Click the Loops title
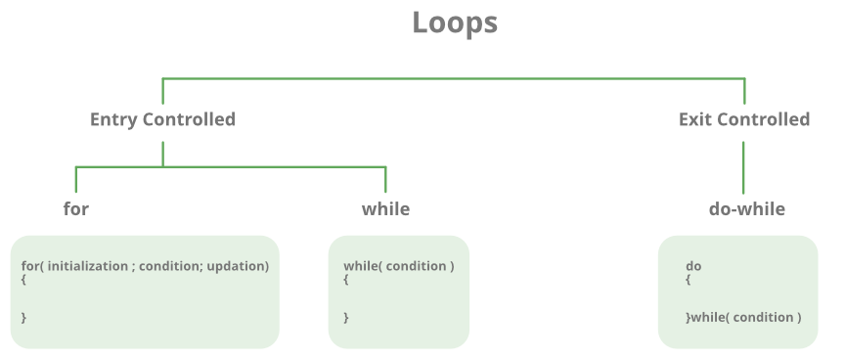pos(454,22)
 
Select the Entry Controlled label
pos(162,119)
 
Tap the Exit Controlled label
pos(743,119)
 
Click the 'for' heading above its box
pos(76,208)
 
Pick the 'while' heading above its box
pos(385,208)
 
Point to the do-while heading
pos(746,208)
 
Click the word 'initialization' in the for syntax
pos(87,266)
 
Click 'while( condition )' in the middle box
pos(398,266)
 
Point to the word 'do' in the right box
pos(693,266)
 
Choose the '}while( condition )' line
pos(743,317)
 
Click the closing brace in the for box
pos(23,317)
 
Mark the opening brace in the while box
pos(346,280)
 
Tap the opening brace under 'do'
pos(689,280)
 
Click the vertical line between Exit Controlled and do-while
pos(743,166)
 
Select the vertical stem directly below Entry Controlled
pos(162,154)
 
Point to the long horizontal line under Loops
pos(454,78)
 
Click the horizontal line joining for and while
pos(231,167)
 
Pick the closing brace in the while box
pos(346,317)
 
